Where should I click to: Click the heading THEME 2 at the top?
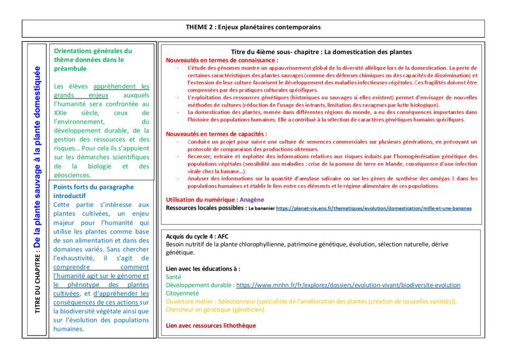253,27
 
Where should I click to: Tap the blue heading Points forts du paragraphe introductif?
93,191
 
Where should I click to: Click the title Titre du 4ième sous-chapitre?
321,52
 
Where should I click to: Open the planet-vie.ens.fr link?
373,208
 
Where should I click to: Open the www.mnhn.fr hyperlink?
348,285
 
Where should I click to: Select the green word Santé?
173,277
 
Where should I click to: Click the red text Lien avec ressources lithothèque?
211,326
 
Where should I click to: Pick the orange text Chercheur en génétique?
215,309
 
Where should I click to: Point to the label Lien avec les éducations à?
203,269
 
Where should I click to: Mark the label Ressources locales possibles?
206,208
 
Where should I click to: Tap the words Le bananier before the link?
261,208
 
